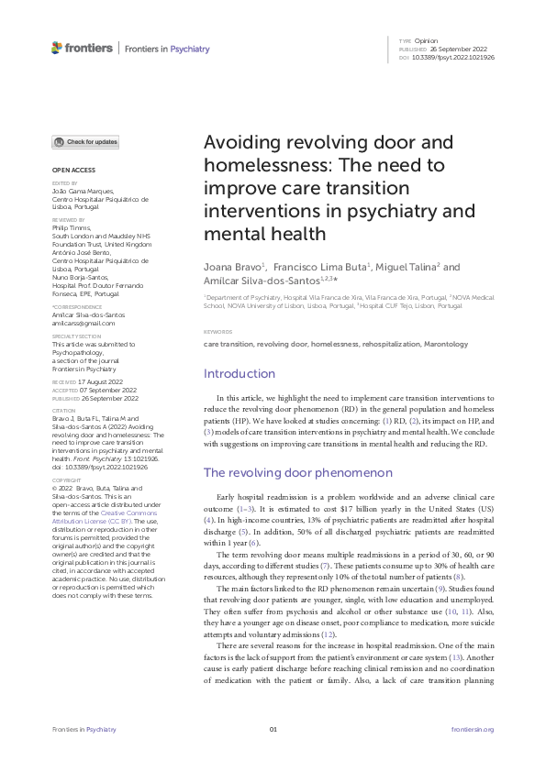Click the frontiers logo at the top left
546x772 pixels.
point(83,48)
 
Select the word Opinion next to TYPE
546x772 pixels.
point(427,41)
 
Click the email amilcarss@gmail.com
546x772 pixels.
point(84,323)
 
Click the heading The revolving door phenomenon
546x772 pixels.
point(297,472)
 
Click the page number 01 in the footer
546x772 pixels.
point(273,729)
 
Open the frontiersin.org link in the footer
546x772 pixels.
point(474,729)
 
